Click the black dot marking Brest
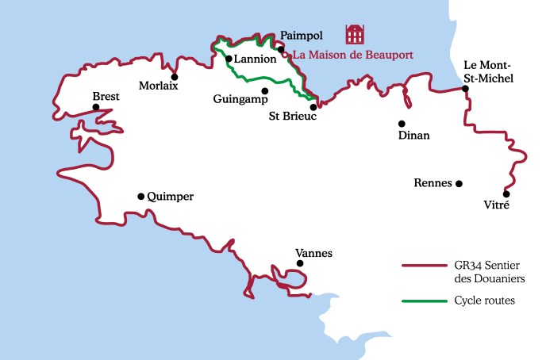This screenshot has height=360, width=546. tap(95, 107)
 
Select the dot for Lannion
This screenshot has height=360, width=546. tap(229, 59)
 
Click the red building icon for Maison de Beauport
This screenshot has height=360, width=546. tap(355, 34)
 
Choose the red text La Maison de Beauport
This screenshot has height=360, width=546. tap(353, 56)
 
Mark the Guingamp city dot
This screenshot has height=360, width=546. tap(265, 90)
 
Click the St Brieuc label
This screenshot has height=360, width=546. tap(294, 117)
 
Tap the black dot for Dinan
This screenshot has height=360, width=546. tap(402, 124)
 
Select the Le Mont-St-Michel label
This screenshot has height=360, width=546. tap(488, 71)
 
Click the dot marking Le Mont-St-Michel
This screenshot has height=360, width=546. tap(466, 89)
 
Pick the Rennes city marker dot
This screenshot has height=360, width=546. tap(459, 183)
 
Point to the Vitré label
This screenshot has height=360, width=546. tap(496, 205)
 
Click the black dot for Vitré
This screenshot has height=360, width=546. tap(506, 194)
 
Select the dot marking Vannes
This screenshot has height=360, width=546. tap(299, 263)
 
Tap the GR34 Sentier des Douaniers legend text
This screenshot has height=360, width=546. tap(490, 272)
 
